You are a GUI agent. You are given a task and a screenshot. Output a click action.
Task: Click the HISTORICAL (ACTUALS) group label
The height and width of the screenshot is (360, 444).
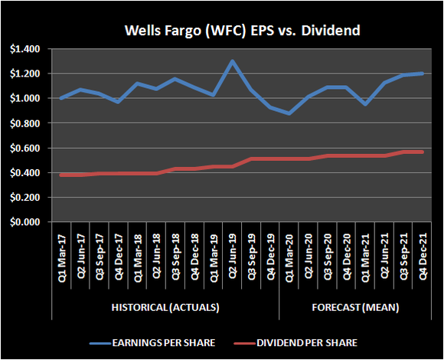tap(162, 307)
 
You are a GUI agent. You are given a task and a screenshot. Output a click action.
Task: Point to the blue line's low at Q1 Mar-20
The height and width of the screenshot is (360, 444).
tap(289, 113)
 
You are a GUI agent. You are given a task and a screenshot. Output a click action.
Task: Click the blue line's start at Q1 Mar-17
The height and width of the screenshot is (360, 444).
tap(62, 98)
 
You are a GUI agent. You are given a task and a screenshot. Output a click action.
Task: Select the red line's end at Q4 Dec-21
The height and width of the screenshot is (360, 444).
tap(421, 152)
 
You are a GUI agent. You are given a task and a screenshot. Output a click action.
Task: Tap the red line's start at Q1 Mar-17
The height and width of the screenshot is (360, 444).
tap(62, 175)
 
